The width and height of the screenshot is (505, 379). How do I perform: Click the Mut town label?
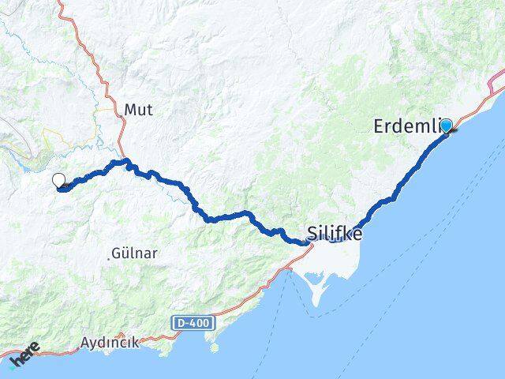137,110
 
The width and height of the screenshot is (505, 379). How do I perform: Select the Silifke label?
334,234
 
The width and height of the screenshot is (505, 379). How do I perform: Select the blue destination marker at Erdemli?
447,126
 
